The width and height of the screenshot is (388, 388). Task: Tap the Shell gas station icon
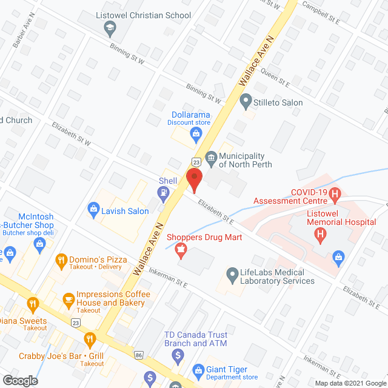[x=162, y=193]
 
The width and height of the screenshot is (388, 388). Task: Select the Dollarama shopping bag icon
[x=196, y=133]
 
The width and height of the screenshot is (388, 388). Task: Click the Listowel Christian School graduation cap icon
[x=110, y=27]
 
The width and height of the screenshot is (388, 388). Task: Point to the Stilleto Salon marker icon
[x=246, y=101]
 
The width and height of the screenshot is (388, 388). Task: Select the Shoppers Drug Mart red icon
[x=180, y=249]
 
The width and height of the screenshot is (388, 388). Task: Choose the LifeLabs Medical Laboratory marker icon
[x=232, y=275]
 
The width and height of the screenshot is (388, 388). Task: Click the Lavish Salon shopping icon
[x=94, y=210]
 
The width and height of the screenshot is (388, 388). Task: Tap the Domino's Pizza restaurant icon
[x=61, y=262]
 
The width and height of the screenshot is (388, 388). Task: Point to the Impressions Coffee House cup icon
[x=69, y=298]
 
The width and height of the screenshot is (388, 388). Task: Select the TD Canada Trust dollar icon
[x=177, y=355]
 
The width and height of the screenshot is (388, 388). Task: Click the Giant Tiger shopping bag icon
[x=198, y=370]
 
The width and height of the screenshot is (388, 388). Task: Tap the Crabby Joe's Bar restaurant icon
[x=90, y=339]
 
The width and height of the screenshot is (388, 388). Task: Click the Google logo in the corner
[x=19, y=380]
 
